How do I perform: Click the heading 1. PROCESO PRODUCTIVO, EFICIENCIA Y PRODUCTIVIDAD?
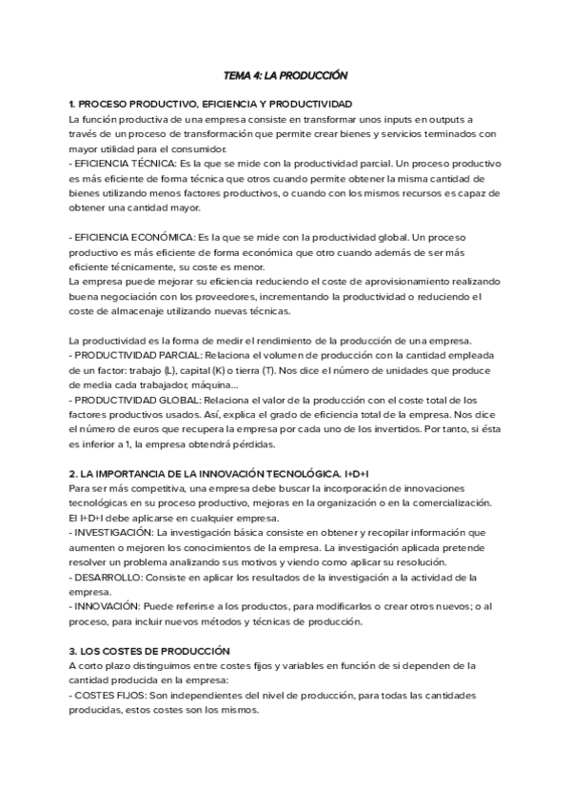coord(210,103)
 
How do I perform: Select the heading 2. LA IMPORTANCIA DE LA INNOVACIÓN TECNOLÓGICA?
coord(219,473)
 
